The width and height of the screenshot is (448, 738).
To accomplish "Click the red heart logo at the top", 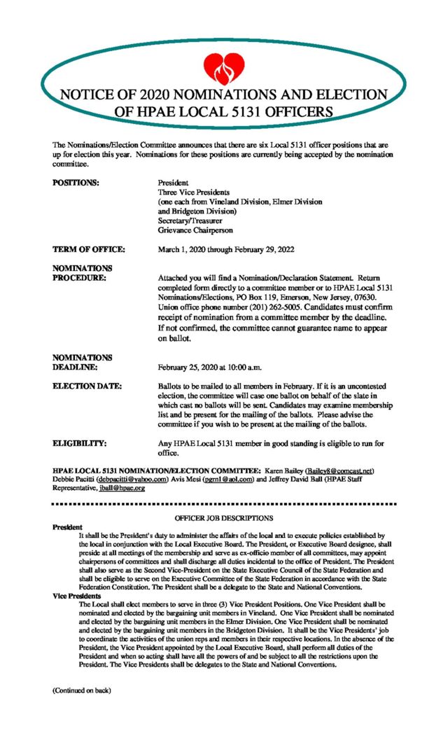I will [223, 68].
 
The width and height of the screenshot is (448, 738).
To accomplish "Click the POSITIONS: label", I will [76, 182].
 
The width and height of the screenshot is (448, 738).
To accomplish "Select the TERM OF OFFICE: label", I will [88, 249].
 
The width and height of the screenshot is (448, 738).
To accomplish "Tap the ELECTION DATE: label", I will [87, 386].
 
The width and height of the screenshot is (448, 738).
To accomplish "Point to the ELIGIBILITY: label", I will [80, 443].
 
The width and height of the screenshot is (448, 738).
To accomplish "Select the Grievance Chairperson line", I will [195, 230].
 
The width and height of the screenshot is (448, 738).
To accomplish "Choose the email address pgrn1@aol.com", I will [237, 479].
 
